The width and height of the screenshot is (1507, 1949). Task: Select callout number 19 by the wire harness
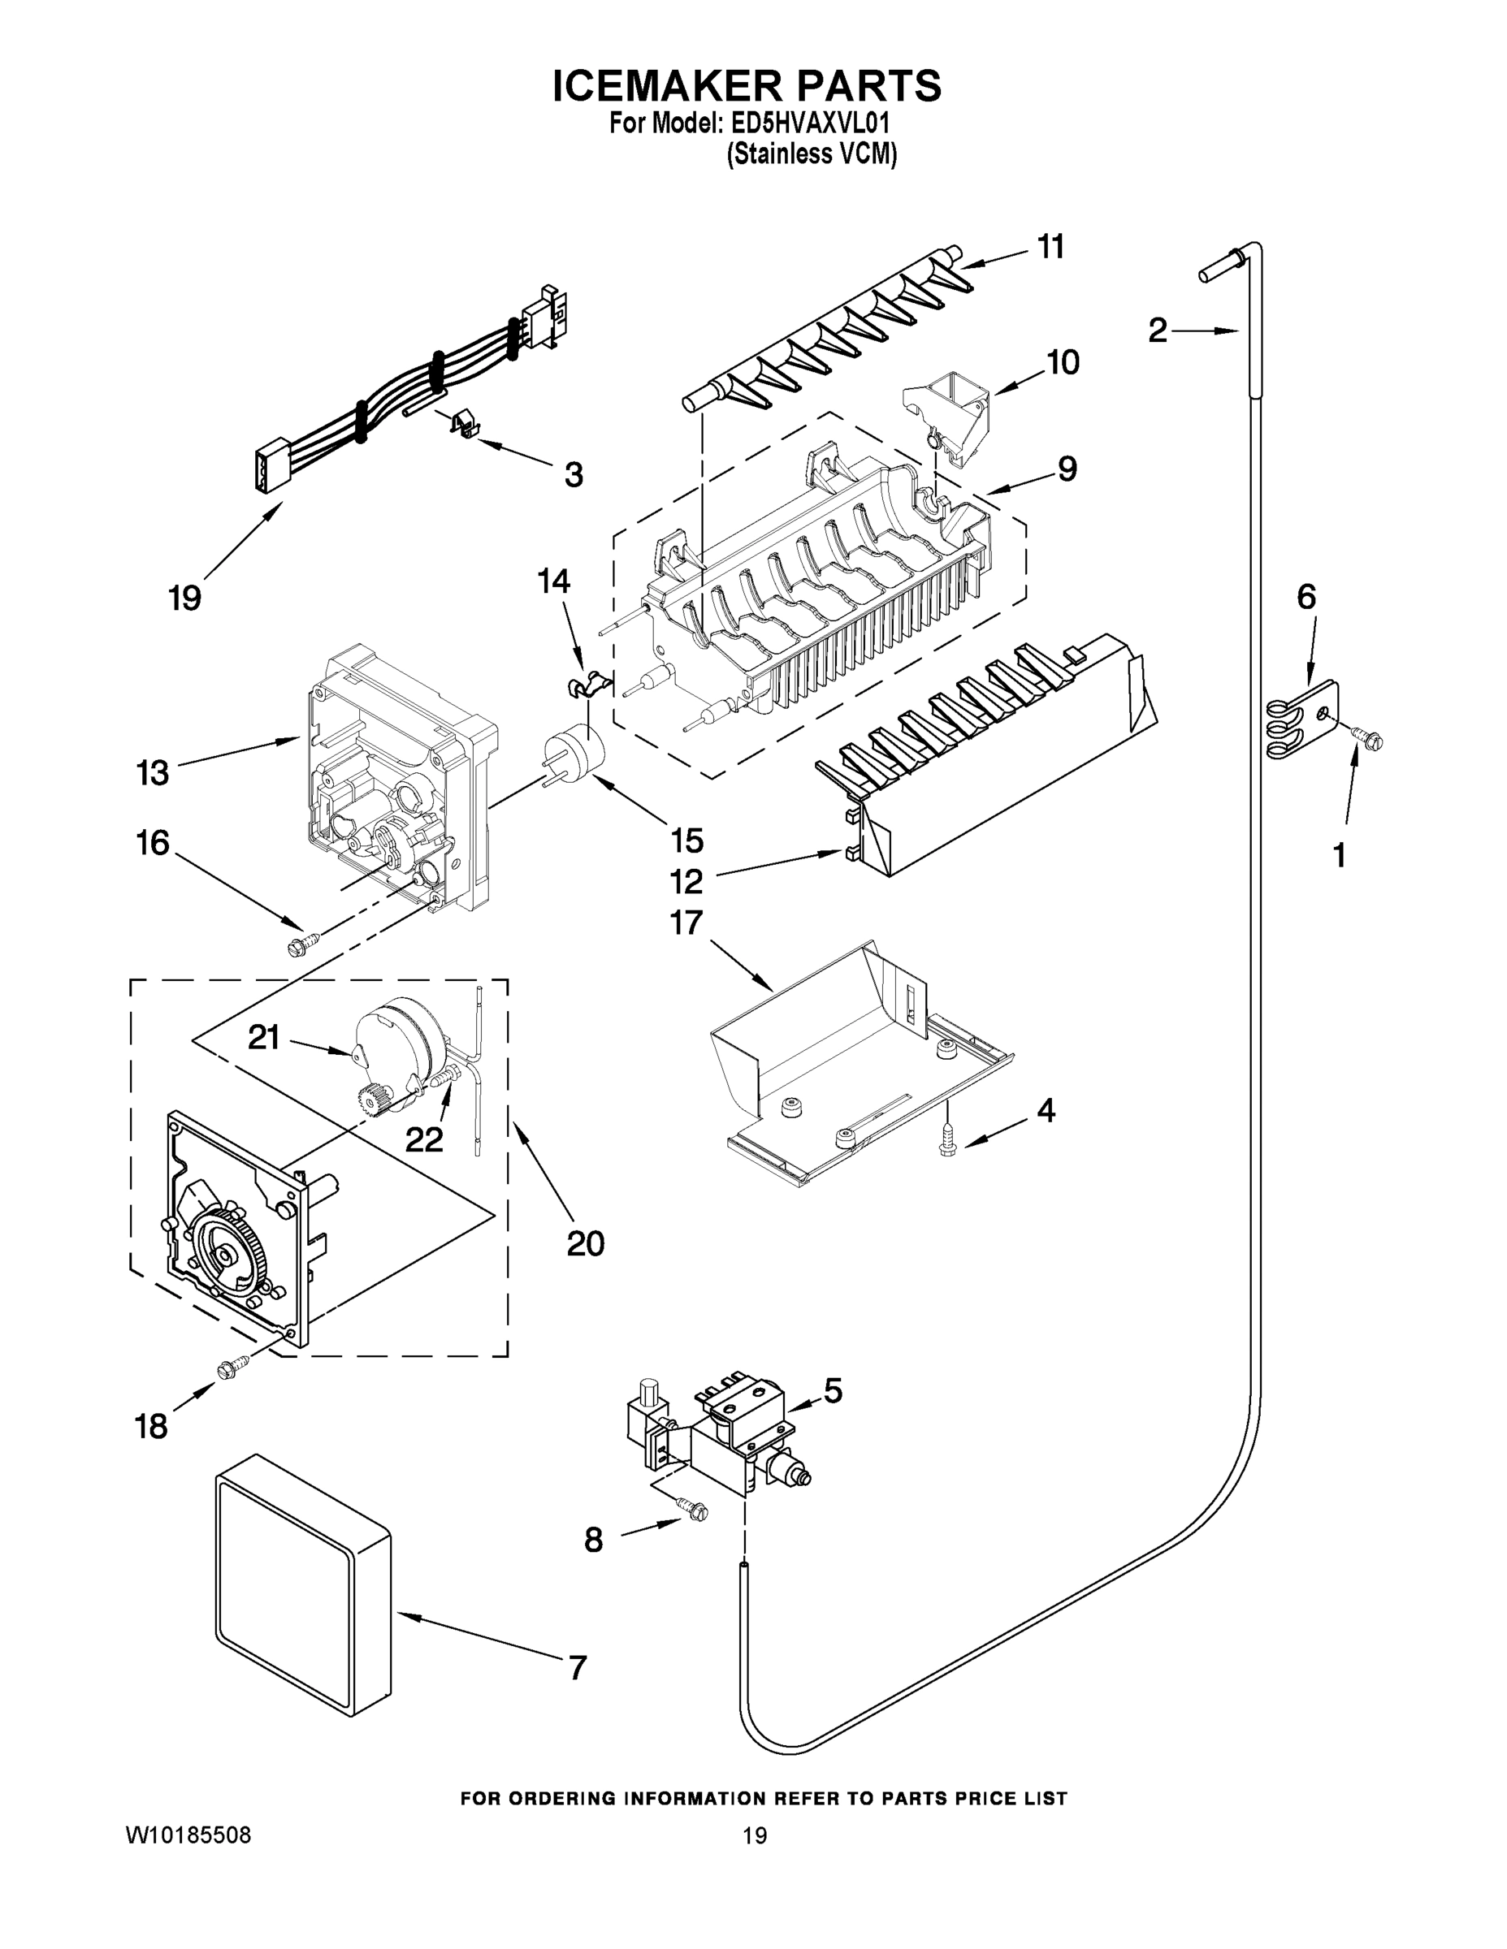click(x=184, y=597)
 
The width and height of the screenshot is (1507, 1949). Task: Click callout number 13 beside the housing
click(x=153, y=773)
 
